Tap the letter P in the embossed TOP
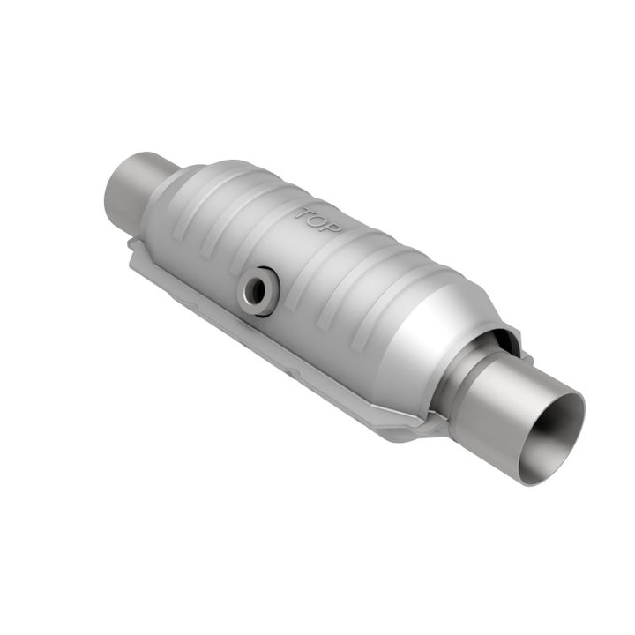(336, 227)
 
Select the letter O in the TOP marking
(320, 220)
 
